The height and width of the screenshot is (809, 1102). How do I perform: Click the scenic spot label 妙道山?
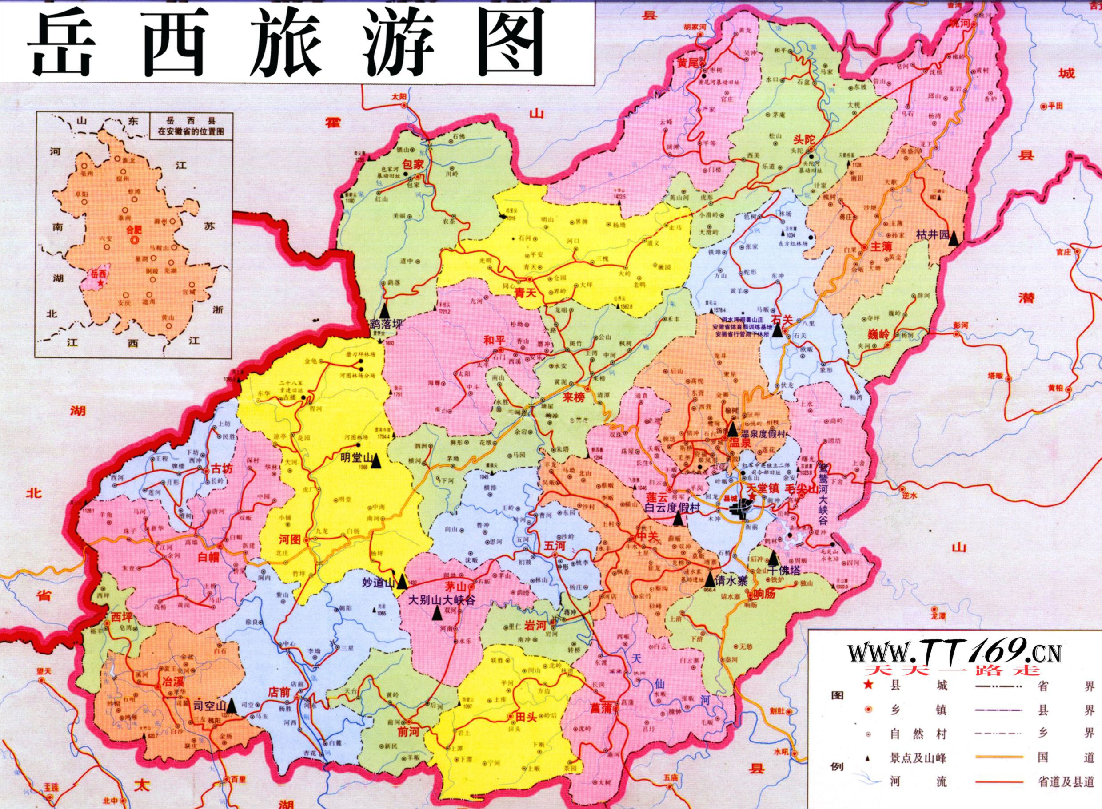click(378, 583)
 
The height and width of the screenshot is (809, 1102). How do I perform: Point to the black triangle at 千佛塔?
click(773, 557)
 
